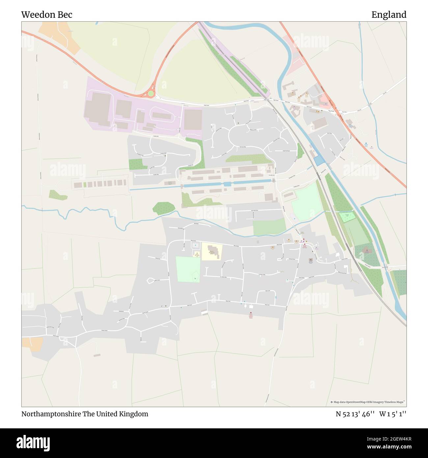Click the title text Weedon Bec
click(x=47, y=14)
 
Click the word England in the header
click(x=389, y=14)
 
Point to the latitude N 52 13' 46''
click(x=355, y=414)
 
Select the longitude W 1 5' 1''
click(x=392, y=414)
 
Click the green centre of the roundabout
click(x=151, y=94)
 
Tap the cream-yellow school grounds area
click(x=212, y=252)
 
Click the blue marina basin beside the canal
click(x=319, y=161)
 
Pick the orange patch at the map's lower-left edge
click(x=32, y=344)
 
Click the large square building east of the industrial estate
click(x=193, y=119)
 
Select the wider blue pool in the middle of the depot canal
click(x=227, y=184)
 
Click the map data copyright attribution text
click(x=368, y=402)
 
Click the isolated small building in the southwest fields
click(x=97, y=355)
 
